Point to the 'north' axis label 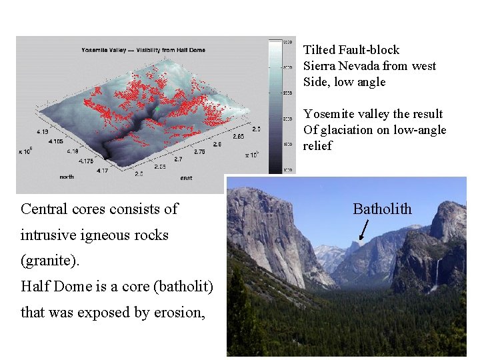coord(67,177)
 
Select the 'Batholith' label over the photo coord(382,209)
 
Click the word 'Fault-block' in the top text coord(369,50)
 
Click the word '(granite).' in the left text coord(50,261)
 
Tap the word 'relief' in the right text coord(317,146)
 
